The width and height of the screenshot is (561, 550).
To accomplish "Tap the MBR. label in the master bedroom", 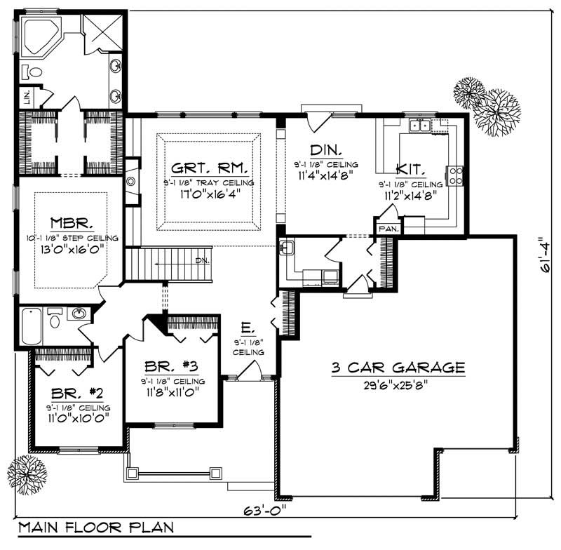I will point(72,224).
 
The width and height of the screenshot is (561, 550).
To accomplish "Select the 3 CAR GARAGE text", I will point(398,367).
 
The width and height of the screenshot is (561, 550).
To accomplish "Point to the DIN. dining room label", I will point(326,150).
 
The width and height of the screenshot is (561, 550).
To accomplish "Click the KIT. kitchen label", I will point(409,169).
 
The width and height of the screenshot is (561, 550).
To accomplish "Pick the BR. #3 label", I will point(171,366).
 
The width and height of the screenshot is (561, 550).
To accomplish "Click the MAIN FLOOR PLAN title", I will point(95,527).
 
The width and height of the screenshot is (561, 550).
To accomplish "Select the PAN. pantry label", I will point(388,229).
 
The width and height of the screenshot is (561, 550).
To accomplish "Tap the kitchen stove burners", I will point(454,175).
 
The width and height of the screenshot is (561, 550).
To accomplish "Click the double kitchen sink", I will point(420,126).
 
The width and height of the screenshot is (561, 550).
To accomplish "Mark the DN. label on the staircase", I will point(202,261).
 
